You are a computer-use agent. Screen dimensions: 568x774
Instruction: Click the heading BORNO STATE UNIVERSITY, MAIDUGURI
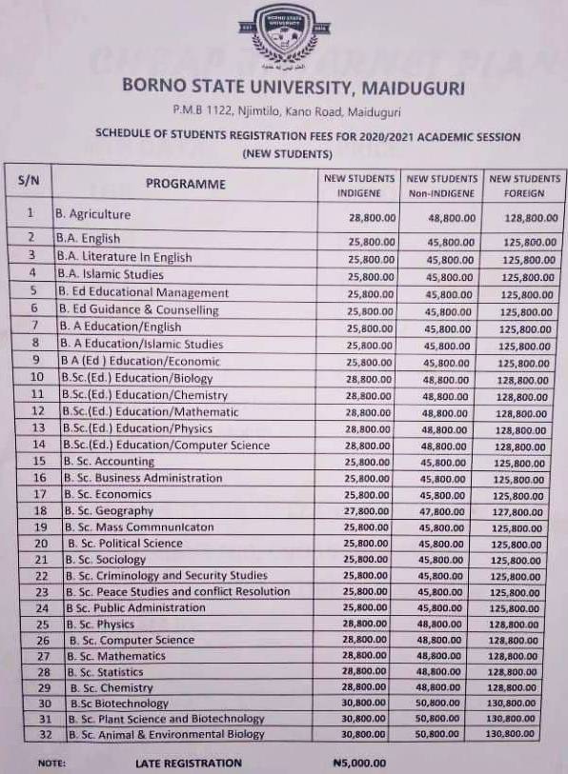pyautogui.click(x=294, y=87)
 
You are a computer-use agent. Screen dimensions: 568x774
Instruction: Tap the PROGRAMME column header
pyautogui.click(x=186, y=184)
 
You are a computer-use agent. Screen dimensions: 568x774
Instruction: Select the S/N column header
pyautogui.click(x=28, y=180)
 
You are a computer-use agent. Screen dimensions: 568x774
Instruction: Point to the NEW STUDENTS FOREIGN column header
pyautogui.click(x=524, y=186)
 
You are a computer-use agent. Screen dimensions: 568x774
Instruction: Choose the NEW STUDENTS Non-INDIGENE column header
pyautogui.click(x=441, y=186)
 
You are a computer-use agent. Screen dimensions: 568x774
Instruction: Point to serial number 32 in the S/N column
pyautogui.click(x=42, y=735)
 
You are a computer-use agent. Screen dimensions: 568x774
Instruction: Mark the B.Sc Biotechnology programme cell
pyautogui.click(x=118, y=704)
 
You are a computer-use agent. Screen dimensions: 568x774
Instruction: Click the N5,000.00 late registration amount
pyautogui.click(x=359, y=763)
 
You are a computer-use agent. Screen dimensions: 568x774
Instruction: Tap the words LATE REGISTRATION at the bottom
pyautogui.click(x=188, y=763)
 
